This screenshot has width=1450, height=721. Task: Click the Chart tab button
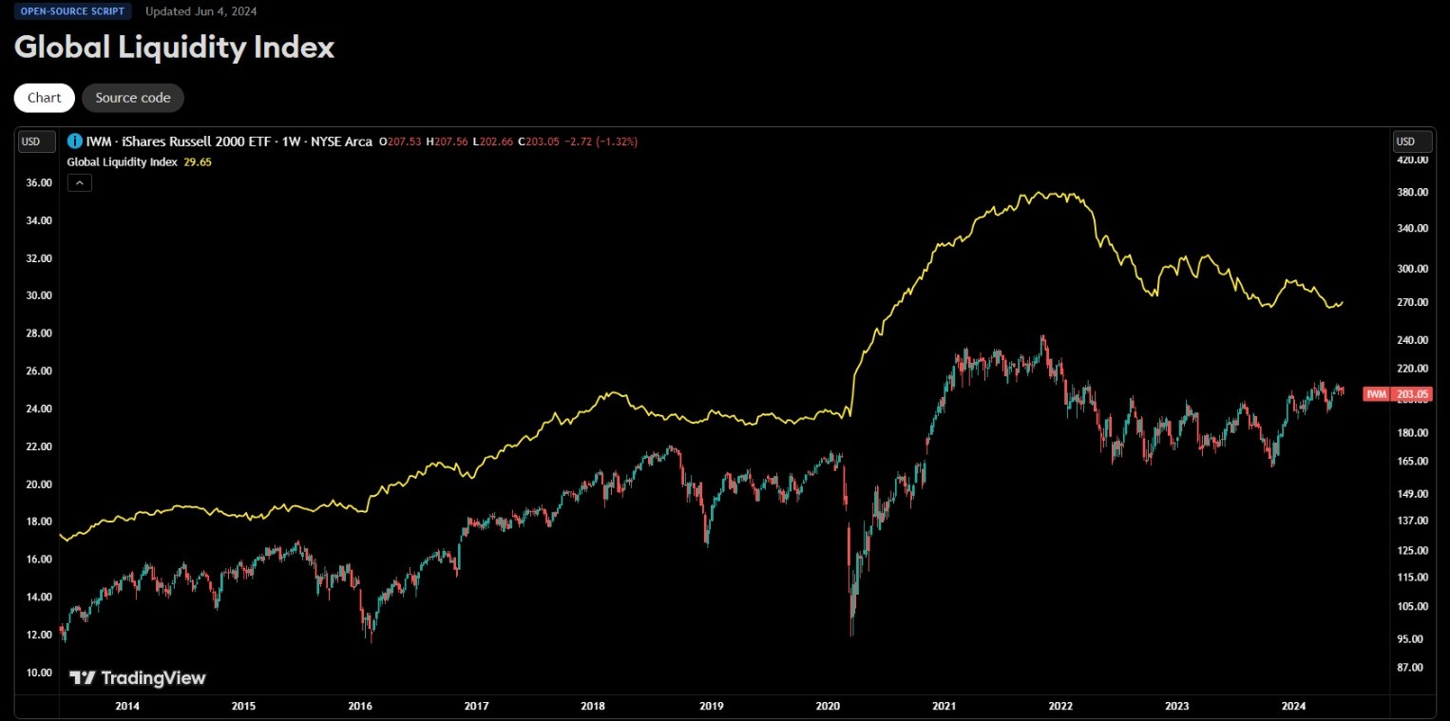click(x=44, y=98)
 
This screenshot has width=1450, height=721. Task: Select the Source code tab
click(x=133, y=98)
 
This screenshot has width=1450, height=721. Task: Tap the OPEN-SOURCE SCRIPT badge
click(x=72, y=11)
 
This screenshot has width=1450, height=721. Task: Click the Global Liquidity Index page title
click(x=174, y=47)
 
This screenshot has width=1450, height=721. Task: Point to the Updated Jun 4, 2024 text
click(x=201, y=11)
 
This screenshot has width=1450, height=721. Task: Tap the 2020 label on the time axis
click(x=828, y=706)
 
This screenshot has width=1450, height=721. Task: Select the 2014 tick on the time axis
click(x=127, y=706)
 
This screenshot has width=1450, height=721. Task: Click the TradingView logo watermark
click(x=138, y=678)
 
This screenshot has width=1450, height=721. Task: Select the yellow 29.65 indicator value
click(x=198, y=162)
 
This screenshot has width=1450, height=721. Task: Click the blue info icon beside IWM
click(x=75, y=142)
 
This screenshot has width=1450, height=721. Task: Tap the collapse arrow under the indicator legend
click(x=80, y=183)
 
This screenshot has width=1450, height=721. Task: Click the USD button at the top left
click(x=31, y=142)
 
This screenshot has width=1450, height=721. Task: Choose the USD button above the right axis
click(x=1405, y=142)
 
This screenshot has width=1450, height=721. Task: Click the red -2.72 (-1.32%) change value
click(x=601, y=142)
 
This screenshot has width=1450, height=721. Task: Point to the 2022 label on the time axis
click(x=1060, y=706)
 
